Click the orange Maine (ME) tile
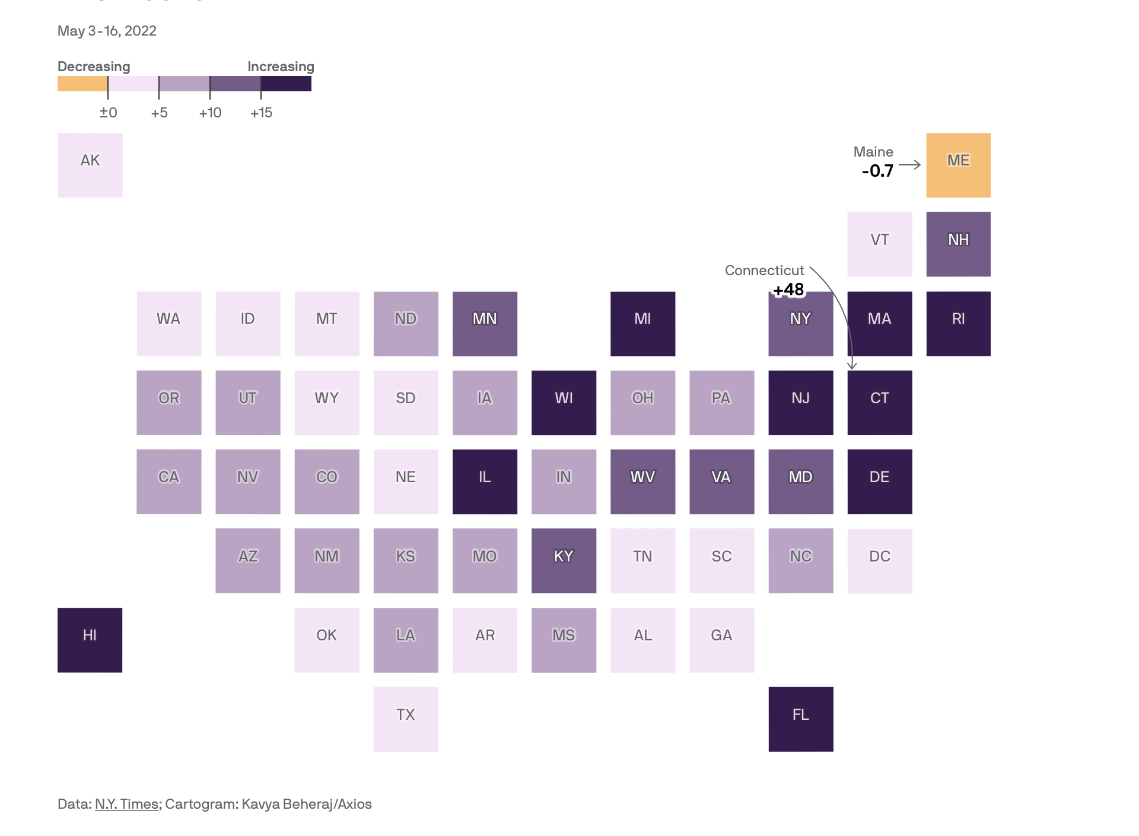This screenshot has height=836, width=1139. [x=958, y=165]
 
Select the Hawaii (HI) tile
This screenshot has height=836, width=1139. [x=90, y=640]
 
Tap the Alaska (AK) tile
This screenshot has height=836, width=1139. [x=90, y=165]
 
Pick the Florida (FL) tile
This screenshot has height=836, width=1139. [x=800, y=719]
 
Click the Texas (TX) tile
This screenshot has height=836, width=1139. [x=406, y=719]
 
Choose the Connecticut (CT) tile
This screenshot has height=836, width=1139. [x=879, y=403]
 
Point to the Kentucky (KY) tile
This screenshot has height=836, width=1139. [x=564, y=560]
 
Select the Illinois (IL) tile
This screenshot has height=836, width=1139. [x=485, y=481]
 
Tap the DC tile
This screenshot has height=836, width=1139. [x=879, y=560]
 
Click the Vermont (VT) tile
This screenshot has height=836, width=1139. [x=879, y=244]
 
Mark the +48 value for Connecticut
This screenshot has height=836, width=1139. [x=788, y=289]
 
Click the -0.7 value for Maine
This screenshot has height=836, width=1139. [x=877, y=171]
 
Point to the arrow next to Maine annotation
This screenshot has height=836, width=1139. [x=909, y=165]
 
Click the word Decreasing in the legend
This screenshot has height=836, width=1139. [x=94, y=66]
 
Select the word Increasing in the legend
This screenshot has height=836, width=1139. [x=281, y=66]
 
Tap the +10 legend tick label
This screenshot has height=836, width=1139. [x=210, y=113]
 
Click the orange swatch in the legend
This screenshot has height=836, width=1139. [x=82, y=84]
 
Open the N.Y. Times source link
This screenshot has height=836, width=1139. [x=126, y=804]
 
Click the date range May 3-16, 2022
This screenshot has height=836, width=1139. [x=107, y=31]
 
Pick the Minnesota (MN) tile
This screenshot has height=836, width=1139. [x=485, y=323]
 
